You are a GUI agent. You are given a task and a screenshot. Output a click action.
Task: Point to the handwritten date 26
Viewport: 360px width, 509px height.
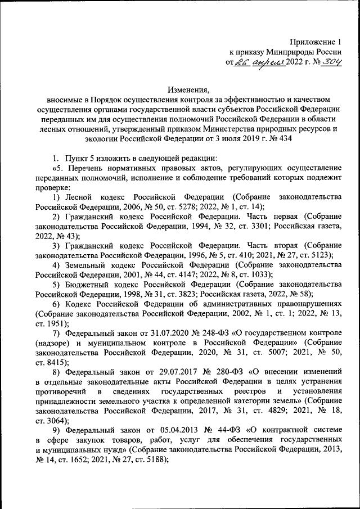[242, 63]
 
